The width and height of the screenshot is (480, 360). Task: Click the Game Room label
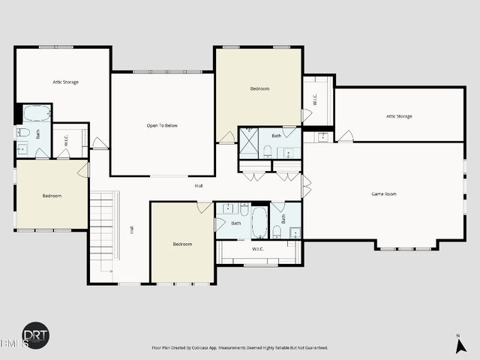tap(383, 194)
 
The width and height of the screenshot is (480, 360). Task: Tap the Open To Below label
tap(161, 125)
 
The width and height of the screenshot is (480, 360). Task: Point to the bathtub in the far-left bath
tap(36, 114)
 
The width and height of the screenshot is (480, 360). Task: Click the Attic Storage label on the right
tap(398, 116)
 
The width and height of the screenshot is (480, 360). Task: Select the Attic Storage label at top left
tap(65, 82)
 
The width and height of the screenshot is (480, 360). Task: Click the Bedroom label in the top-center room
tap(259, 88)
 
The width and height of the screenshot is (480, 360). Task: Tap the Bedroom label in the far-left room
tap(52, 196)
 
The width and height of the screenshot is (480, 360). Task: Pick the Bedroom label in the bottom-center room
tap(182, 244)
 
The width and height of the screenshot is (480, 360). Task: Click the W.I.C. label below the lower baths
tap(257, 249)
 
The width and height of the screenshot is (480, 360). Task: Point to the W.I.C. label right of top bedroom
tap(316, 99)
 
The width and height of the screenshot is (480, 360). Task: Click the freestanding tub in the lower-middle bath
tap(259, 223)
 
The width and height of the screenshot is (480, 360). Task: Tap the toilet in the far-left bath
tap(23, 133)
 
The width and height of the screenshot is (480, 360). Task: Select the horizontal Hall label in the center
tap(199, 185)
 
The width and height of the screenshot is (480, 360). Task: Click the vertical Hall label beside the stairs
tap(131, 229)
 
